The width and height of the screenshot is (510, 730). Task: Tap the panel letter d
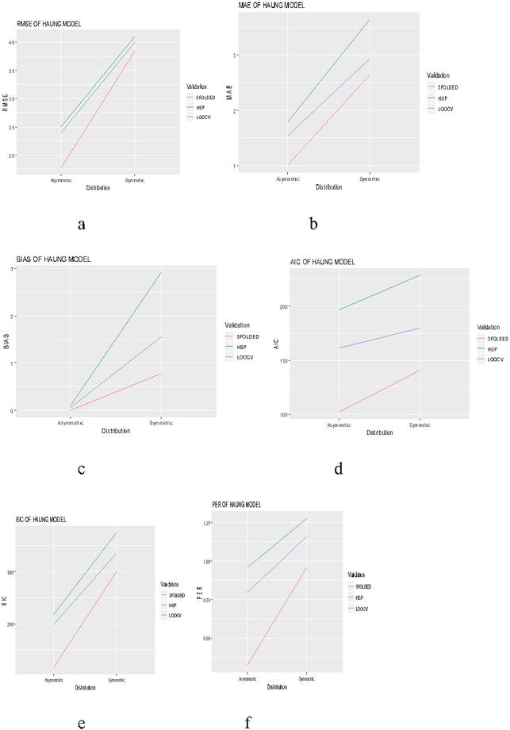[x=339, y=469]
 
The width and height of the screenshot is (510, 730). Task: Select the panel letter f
[x=248, y=722]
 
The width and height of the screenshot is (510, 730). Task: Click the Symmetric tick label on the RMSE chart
[x=135, y=181]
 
